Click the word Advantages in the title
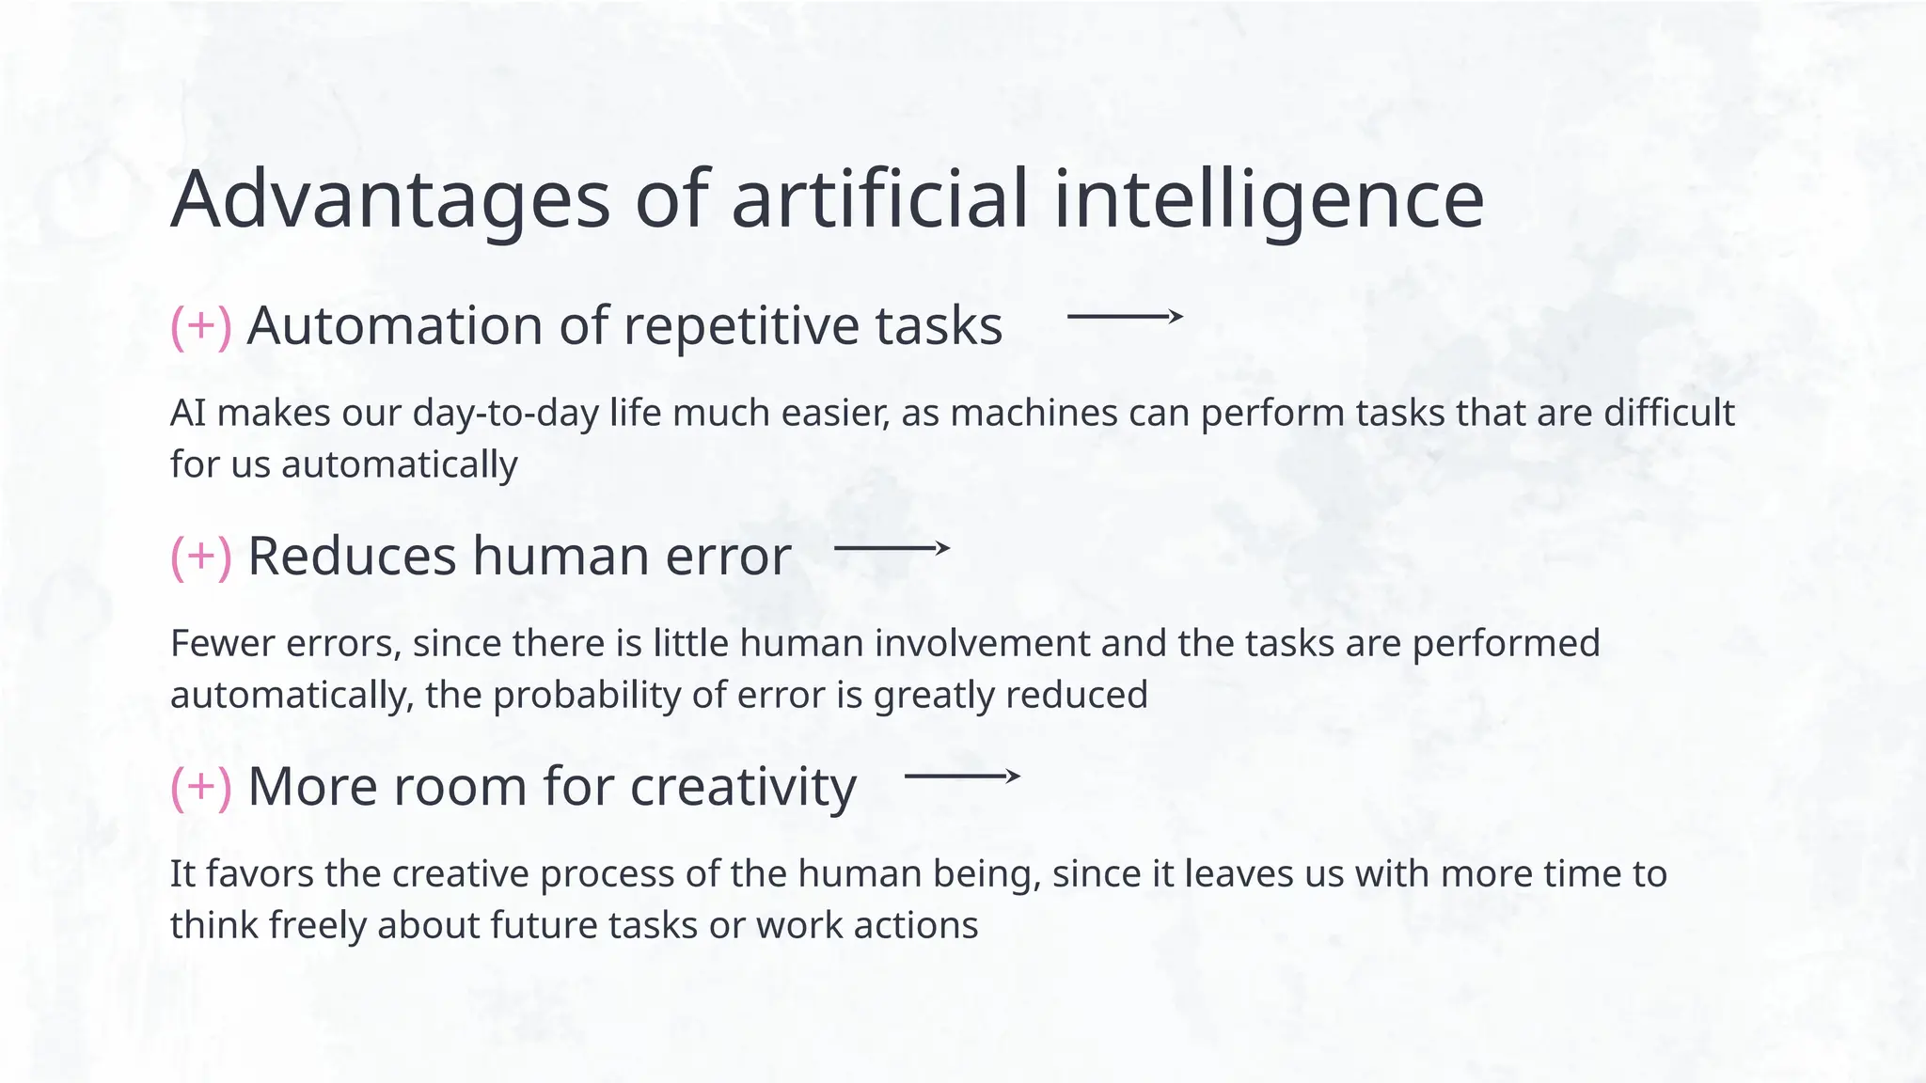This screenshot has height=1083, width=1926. click(x=390, y=199)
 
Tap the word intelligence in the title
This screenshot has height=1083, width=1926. click(x=1269, y=199)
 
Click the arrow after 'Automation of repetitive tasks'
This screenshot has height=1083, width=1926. click(x=1125, y=317)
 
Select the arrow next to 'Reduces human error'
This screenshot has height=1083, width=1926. click(x=892, y=547)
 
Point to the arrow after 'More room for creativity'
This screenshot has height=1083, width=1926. click(x=961, y=777)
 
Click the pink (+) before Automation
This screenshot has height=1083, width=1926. click(x=201, y=326)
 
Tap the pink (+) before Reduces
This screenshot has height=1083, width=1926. click(x=201, y=557)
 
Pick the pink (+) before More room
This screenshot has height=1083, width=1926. click(x=201, y=787)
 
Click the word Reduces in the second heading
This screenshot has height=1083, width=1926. click(x=352, y=557)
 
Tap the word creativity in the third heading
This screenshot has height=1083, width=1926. click(x=743, y=787)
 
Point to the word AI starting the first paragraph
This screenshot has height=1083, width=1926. click(x=188, y=413)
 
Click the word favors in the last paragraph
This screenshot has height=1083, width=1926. click(x=260, y=874)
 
